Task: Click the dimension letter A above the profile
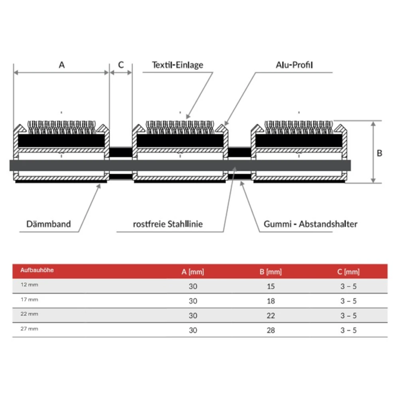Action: pyautogui.click(x=62, y=65)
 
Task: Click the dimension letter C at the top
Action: pyautogui.click(x=121, y=65)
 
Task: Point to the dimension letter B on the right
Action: pyautogui.click(x=379, y=153)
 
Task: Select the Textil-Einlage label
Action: pyautogui.click(x=178, y=65)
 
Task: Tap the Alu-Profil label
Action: pyautogui.click(x=294, y=65)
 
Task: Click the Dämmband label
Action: pyautogui.click(x=49, y=224)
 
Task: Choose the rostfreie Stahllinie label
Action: pyautogui.click(x=168, y=224)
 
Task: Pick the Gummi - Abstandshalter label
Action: pyautogui.click(x=310, y=224)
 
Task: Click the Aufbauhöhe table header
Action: pyautogui.click(x=37, y=270)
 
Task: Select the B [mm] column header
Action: pyautogui.click(x=271, y=272)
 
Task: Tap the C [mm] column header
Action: pyautogui.click(x=348, y=272)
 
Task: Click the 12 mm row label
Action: pyautogui.click(x=29, y=285)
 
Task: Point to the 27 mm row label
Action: pyautogui.click(x=29, y=329)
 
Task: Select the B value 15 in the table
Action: pyautogui.click(x=271, y=286)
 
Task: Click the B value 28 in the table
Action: pyautogui.click(x=271, y=330)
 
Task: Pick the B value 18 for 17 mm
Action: pyautogui.click(x=271, y=301)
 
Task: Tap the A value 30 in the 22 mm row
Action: pyautogui.click(x=193, y=316)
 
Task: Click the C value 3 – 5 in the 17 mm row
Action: pyautogui.click(x=348, y=301)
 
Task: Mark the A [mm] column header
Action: pyautogui.click(x=193, y=272)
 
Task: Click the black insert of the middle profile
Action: pyautogui.click(x=180, y=140)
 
